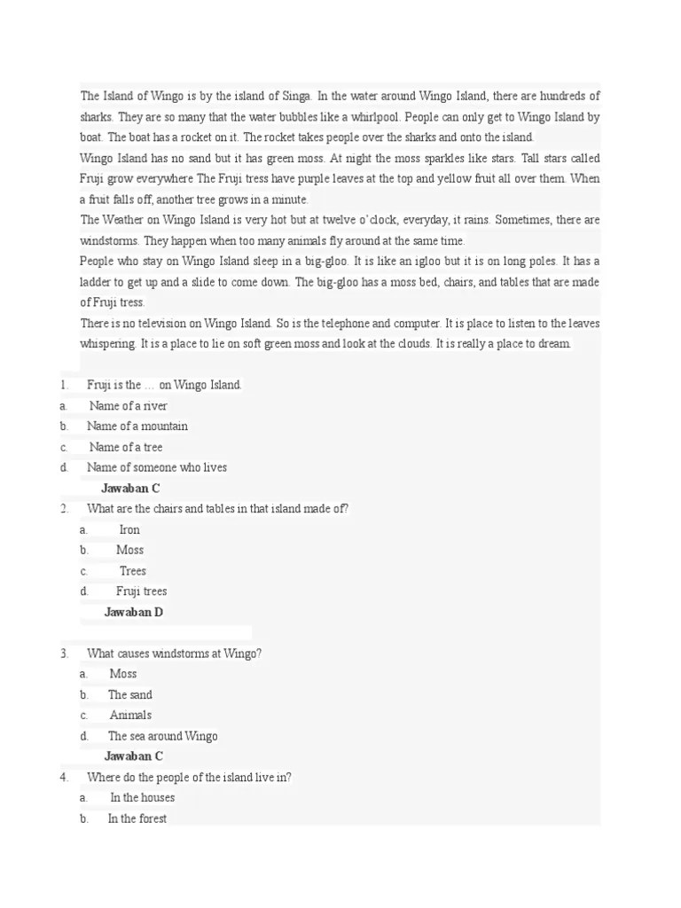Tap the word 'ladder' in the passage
click(x=98, y=283)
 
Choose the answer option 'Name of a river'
click(x=128, y=406)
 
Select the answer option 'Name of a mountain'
click(x=137, y=427)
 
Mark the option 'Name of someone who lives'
click(x=157, y=467)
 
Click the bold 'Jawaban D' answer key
click(x=134, y=613)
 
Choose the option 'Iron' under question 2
click(x=129, y=530)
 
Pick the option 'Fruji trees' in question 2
click(x=142, y=591)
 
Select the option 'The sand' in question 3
click(x=130, y=695)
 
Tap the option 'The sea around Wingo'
click(x=162, y=736)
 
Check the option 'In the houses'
click(x=142, y=798)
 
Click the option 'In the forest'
click(x=137, y=818)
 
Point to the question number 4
click(x=64, y=778)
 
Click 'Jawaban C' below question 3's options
click(x=134, y=756)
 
